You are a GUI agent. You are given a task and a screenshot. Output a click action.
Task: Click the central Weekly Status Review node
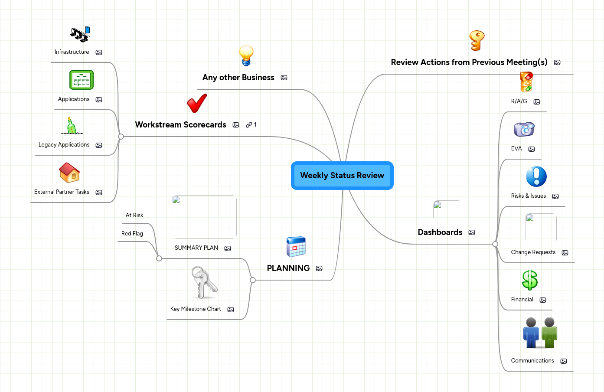342,176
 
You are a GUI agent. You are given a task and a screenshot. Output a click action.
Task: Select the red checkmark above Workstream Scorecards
197,103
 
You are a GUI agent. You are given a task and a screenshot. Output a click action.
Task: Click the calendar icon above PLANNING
296,247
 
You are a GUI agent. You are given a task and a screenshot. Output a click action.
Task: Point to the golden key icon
477,41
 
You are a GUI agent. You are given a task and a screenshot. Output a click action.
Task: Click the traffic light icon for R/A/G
526,82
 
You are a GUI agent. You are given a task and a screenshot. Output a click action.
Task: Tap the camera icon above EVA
524,129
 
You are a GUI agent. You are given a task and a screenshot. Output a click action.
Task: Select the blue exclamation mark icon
536,176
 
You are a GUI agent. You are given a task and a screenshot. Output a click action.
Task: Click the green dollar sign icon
530,280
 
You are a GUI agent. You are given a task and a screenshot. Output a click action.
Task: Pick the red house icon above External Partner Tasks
69,173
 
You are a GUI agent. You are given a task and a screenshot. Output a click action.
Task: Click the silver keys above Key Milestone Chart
204,283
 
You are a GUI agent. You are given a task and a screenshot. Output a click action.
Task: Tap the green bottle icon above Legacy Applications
71,126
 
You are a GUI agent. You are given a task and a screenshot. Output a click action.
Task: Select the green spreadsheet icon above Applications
82,80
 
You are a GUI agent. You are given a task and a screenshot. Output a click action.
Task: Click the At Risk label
134,216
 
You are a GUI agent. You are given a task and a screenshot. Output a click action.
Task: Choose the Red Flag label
132,234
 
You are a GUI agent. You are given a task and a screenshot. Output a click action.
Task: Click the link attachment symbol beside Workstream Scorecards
249,125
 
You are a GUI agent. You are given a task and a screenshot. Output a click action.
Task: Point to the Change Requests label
533,252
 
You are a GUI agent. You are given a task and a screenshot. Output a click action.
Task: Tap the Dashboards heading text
440,232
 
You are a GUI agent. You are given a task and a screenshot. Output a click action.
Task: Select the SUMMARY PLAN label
196,248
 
